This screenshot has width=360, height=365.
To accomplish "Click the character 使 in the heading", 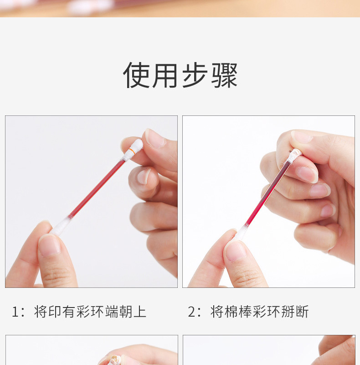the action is point(136,75).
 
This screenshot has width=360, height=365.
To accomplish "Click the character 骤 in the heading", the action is point(224,75).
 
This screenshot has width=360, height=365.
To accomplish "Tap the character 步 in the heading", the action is point(195,75).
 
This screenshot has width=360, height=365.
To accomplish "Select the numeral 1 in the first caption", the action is point(15,312).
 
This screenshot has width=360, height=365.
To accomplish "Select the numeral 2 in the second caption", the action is point(192,312).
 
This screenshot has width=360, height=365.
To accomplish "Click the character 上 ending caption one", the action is point(140,312).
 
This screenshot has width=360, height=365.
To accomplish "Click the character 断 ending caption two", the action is point(302,312).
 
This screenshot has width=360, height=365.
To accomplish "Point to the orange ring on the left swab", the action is point(132,151).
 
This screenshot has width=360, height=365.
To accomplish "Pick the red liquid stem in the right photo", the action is point(268,193).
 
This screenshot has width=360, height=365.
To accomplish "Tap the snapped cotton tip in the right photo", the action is point(295,155).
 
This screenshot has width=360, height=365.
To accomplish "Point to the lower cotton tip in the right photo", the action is point(241,232).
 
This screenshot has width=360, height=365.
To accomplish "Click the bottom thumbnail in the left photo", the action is point(49,245).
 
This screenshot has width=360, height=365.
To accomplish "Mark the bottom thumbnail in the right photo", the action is point(235,251).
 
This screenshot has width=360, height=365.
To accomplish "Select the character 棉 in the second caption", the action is point(231,312).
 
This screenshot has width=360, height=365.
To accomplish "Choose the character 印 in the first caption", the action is point(55,312).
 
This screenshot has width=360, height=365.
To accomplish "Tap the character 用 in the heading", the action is point(165,75).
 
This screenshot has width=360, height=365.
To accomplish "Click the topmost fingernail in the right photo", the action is point(302,137).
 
